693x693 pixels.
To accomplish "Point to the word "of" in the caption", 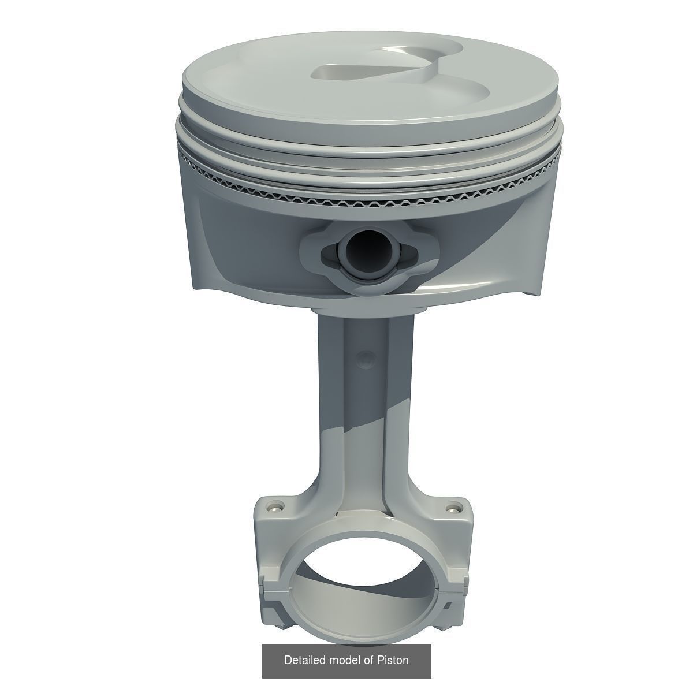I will [x=368, y=660].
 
